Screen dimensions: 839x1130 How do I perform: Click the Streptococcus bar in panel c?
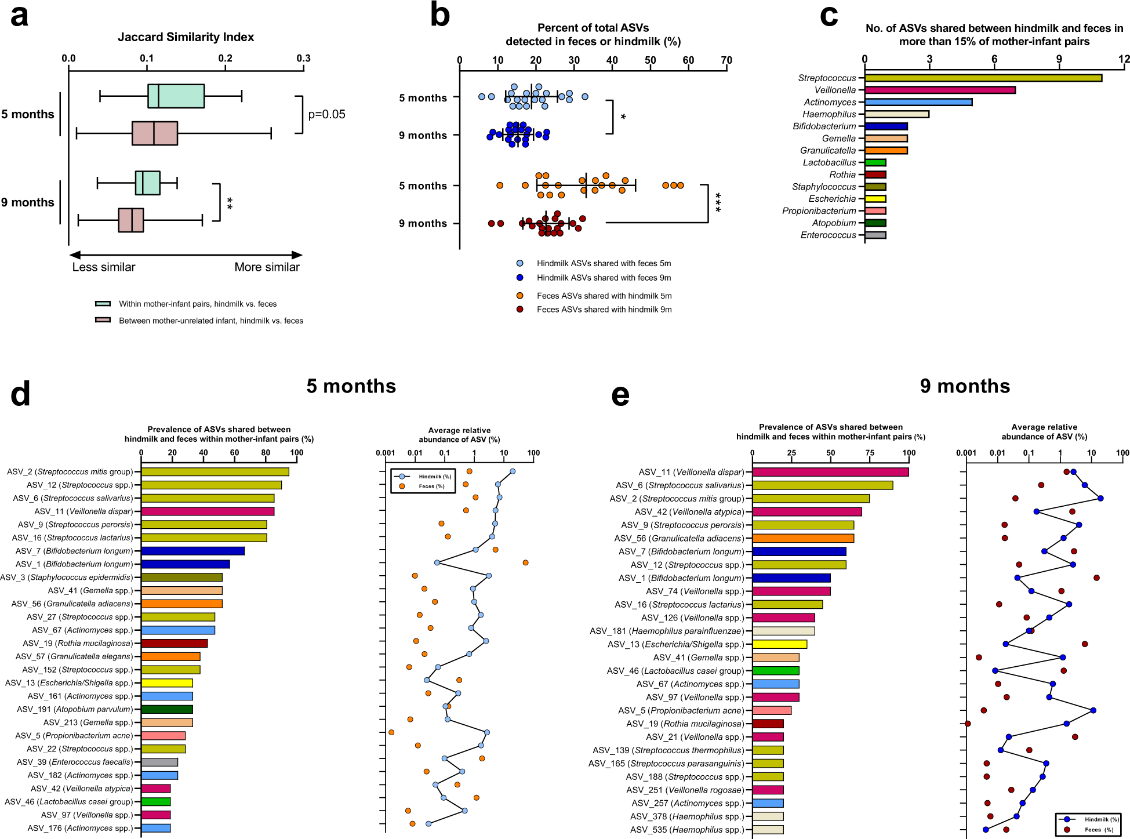(983, 78)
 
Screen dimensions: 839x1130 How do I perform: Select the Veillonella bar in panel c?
(939, 90)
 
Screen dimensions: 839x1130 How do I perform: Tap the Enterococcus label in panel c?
(828, 235)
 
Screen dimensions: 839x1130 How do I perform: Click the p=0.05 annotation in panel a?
(326, 114)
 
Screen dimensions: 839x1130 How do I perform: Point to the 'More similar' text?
(267, 267)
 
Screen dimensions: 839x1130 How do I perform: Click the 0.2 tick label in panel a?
(225, 58)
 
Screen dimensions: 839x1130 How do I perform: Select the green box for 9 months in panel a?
(147, 183)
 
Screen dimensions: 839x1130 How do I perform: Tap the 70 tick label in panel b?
(726, 60)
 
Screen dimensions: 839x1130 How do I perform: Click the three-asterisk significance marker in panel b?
(718, 202)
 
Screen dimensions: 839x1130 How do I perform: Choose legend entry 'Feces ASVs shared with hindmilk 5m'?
(604, 296)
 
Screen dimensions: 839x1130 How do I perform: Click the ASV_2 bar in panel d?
(215, 472)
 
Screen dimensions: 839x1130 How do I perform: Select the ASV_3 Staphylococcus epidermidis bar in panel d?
(181, 578)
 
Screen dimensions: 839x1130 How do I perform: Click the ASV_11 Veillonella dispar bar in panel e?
(830, 472)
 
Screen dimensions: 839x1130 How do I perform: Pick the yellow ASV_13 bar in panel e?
(779, 644)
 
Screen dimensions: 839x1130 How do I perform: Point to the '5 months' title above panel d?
(351, 386)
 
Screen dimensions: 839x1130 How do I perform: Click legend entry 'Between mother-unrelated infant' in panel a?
(210, 321)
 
